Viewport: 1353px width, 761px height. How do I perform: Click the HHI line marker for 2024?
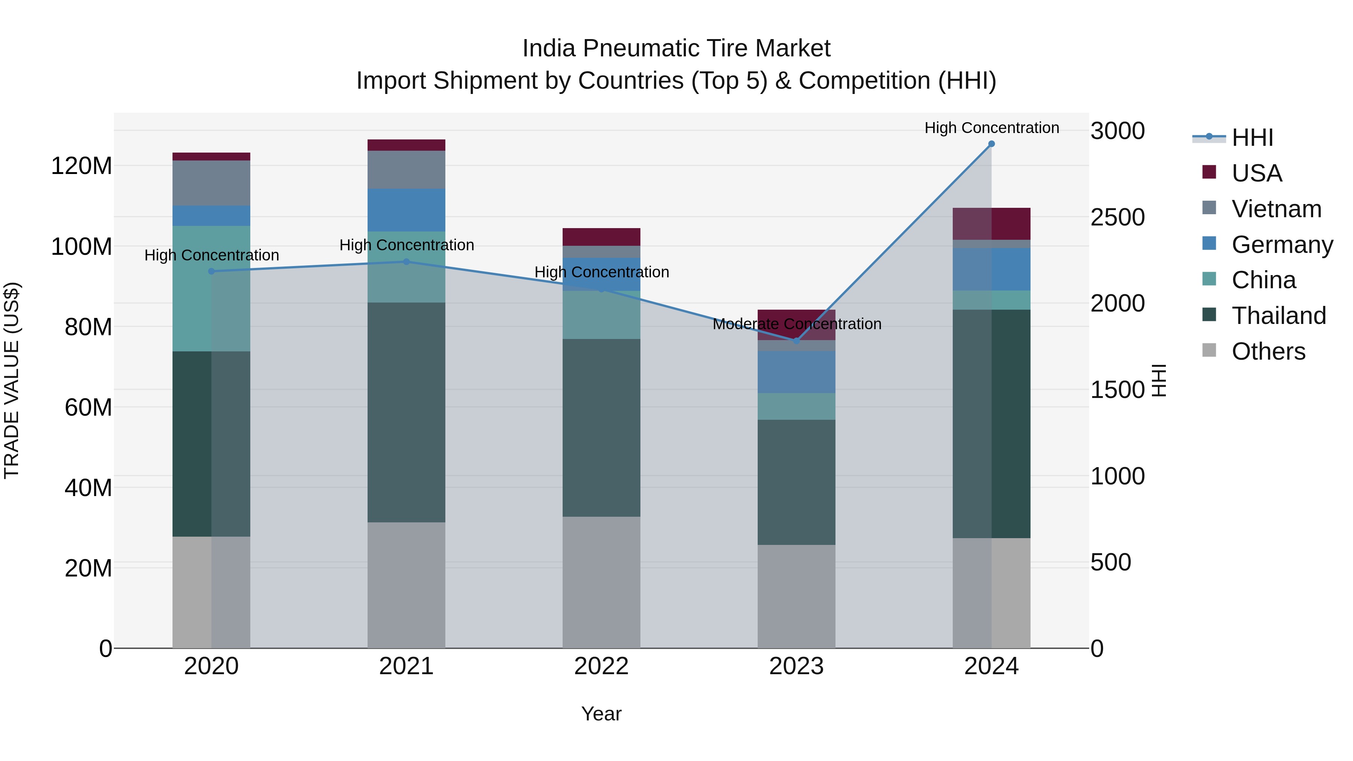[991, 144]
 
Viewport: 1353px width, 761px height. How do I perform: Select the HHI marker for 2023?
[796, 341]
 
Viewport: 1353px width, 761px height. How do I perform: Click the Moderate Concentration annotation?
[797, 324]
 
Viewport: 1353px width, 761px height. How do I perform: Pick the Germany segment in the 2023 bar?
[796, 372]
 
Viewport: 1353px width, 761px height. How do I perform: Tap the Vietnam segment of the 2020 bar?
[211, 183]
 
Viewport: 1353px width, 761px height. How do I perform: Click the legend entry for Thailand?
[1279, 316]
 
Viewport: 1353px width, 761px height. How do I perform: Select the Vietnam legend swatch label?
[1276, 209]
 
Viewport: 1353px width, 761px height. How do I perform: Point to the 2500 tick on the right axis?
[1118, 218]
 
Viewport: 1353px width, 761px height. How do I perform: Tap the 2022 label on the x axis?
[601, 666]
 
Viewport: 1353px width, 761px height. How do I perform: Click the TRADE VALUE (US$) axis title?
[12, 380]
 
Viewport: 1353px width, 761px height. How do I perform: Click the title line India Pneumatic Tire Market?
[676, 48]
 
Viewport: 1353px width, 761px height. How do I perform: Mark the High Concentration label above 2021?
[407, 245]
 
